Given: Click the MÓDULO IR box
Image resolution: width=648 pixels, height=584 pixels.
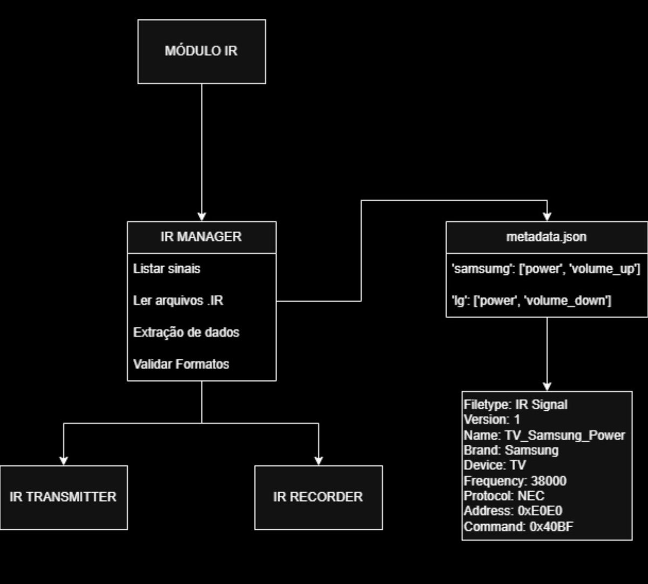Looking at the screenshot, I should (201, 52).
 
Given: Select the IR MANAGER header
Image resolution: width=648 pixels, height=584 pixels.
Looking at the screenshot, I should (201, 237).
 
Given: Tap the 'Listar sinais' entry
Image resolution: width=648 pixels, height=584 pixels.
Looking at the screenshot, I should (166, 269).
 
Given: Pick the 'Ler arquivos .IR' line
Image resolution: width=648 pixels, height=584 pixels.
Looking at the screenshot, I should (178, 301).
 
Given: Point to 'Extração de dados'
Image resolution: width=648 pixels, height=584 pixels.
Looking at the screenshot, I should (186, 332).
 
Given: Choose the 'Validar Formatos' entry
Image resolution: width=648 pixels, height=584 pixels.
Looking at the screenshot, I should (181, 364).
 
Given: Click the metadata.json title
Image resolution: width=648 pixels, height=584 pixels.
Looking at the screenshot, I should (546, 237).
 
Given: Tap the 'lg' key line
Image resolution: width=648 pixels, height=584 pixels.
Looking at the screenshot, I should (531, 301).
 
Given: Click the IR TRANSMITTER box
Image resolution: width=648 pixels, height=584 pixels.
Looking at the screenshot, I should (63, 497).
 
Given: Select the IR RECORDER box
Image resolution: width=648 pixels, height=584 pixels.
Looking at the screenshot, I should (318, 497).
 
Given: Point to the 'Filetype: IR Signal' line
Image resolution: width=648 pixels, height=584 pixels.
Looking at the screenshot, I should (515, 404).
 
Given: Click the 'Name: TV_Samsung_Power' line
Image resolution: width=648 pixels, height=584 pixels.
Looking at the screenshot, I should (544, 435).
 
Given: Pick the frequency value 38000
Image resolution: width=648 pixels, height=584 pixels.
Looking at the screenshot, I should (549, 481).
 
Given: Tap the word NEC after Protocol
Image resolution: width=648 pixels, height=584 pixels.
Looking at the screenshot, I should (531, 496).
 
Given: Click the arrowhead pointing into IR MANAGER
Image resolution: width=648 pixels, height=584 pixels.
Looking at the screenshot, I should (201, 216).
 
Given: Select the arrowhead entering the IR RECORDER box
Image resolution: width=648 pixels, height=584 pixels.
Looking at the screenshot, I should (319, 460).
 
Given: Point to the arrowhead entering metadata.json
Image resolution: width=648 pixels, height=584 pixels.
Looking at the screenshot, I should (547, 216).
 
